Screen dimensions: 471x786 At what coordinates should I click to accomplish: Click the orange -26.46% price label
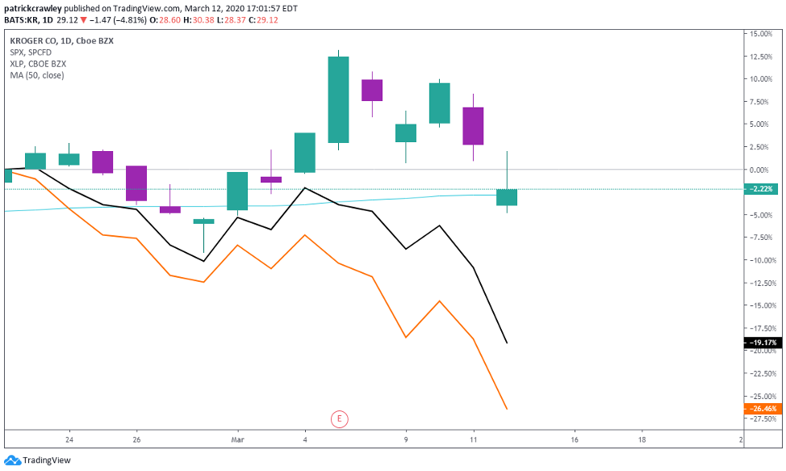click(x=762, y=410)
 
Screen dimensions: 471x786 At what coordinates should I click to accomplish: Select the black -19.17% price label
click(x=762, y=343)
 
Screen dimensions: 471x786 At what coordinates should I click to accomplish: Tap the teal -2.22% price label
click(x=762, y=189)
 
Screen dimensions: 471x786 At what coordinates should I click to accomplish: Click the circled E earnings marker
click(x=340, y=418)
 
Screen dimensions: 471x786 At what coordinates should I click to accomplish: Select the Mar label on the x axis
click(x=237, y=440)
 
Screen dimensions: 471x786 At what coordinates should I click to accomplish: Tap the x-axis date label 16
click(x=574, y=440)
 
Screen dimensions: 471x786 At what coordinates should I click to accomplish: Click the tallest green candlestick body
click(x=338, y=99)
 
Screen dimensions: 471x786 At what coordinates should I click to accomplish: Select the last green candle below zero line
click(x=507, y=197)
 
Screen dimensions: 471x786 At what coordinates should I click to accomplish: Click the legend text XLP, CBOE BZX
click(x=37, y=63)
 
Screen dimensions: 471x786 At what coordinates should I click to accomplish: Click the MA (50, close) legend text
click(x=36, y=75)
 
